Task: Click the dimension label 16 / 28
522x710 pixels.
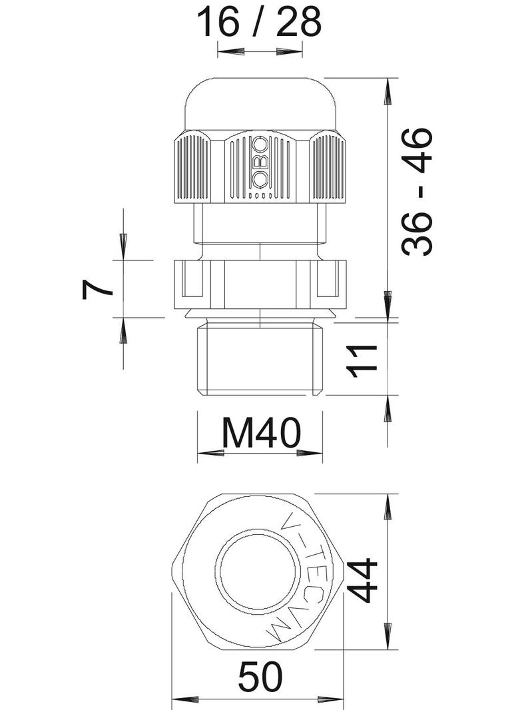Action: click(x=259, y=22)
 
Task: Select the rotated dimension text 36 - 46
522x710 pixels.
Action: click(x=417, y=192)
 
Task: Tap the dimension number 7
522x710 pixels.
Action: click(x=97, y=289)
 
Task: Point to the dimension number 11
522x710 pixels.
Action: click(x=362, y=361)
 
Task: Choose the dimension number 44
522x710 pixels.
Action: click(x=364, y=580)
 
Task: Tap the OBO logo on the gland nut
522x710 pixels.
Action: click(x=260, y=162)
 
